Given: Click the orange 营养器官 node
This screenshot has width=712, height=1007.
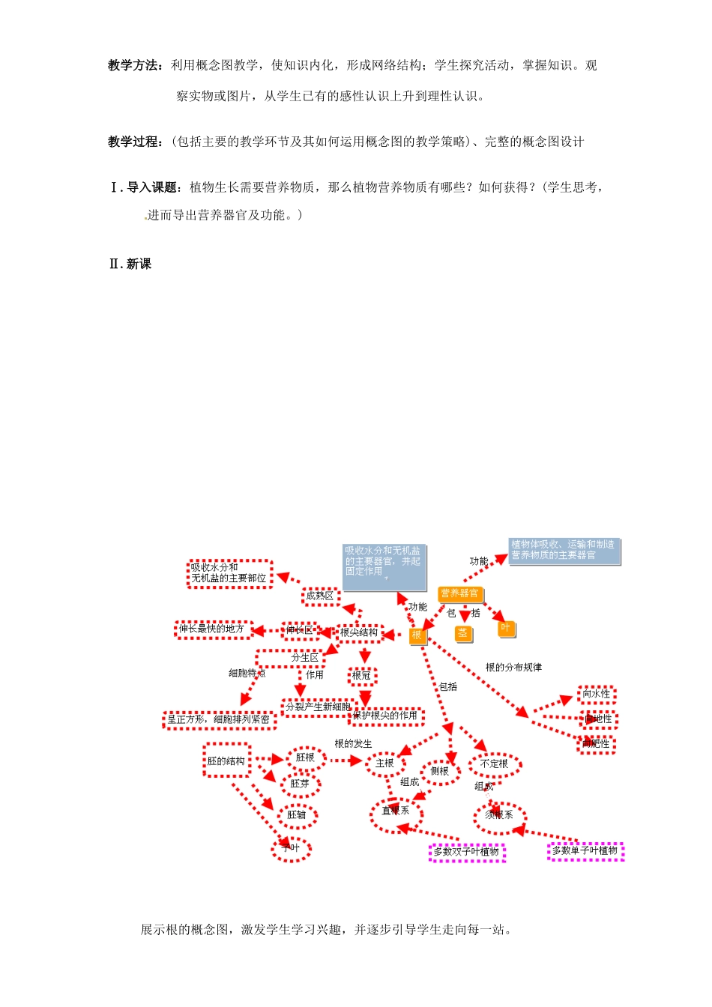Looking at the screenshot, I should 459,594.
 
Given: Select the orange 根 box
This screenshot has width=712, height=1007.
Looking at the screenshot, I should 417,635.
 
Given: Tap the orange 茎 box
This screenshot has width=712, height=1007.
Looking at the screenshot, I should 463,633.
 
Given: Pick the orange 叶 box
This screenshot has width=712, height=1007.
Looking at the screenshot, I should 506,628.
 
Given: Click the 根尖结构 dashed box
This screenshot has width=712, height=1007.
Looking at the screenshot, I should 360,633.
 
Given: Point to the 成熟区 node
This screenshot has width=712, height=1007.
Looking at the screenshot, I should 320,596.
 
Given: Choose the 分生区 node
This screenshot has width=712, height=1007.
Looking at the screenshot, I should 305,658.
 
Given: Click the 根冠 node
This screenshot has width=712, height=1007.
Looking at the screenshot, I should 362,676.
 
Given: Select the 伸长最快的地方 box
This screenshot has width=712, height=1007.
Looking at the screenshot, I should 212,629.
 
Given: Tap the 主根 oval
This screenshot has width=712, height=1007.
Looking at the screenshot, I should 385,763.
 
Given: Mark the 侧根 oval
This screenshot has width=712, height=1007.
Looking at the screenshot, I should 440,772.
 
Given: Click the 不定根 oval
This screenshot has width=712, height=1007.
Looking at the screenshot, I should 495,764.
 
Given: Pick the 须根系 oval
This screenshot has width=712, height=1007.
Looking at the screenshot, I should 499,815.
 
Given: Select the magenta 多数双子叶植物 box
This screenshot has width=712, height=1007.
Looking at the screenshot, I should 466,853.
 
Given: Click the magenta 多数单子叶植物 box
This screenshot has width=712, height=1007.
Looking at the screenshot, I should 585,851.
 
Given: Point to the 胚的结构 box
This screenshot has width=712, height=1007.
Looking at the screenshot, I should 226,761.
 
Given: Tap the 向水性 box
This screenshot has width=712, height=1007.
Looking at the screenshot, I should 597,695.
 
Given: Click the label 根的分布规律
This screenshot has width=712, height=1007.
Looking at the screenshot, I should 513,668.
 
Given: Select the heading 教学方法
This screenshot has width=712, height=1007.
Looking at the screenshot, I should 133,66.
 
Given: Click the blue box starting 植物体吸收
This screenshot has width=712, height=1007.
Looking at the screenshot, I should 564,551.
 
